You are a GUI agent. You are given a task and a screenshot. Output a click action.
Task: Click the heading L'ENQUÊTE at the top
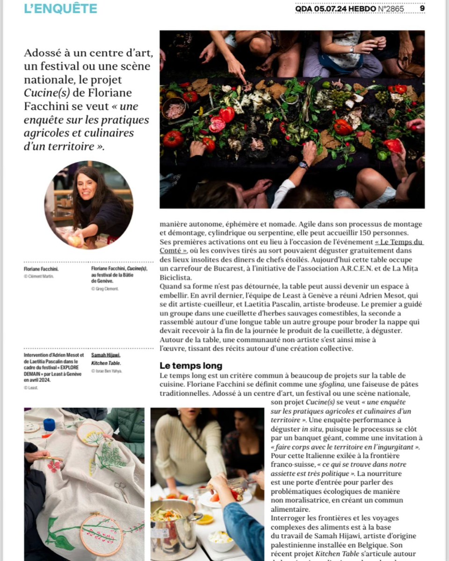(60, 8)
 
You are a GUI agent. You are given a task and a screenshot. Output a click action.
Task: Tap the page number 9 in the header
(422, 8)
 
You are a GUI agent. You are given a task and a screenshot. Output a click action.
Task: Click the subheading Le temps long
(190, 366)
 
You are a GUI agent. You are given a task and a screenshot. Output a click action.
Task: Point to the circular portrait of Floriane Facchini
(89, 205)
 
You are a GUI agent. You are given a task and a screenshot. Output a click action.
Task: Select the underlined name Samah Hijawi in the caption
(106, 355)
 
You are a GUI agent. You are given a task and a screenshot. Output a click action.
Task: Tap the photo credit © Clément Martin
(39, 276)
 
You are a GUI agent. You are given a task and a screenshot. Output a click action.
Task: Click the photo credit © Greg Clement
(105, 289)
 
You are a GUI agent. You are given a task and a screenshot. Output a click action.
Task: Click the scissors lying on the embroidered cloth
(121, 490)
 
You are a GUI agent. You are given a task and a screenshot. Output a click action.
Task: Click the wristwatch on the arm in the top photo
(304, 165)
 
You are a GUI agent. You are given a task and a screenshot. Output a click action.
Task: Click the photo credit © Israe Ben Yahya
(106, 371)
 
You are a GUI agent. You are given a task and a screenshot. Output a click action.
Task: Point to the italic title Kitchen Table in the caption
(106, 363)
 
